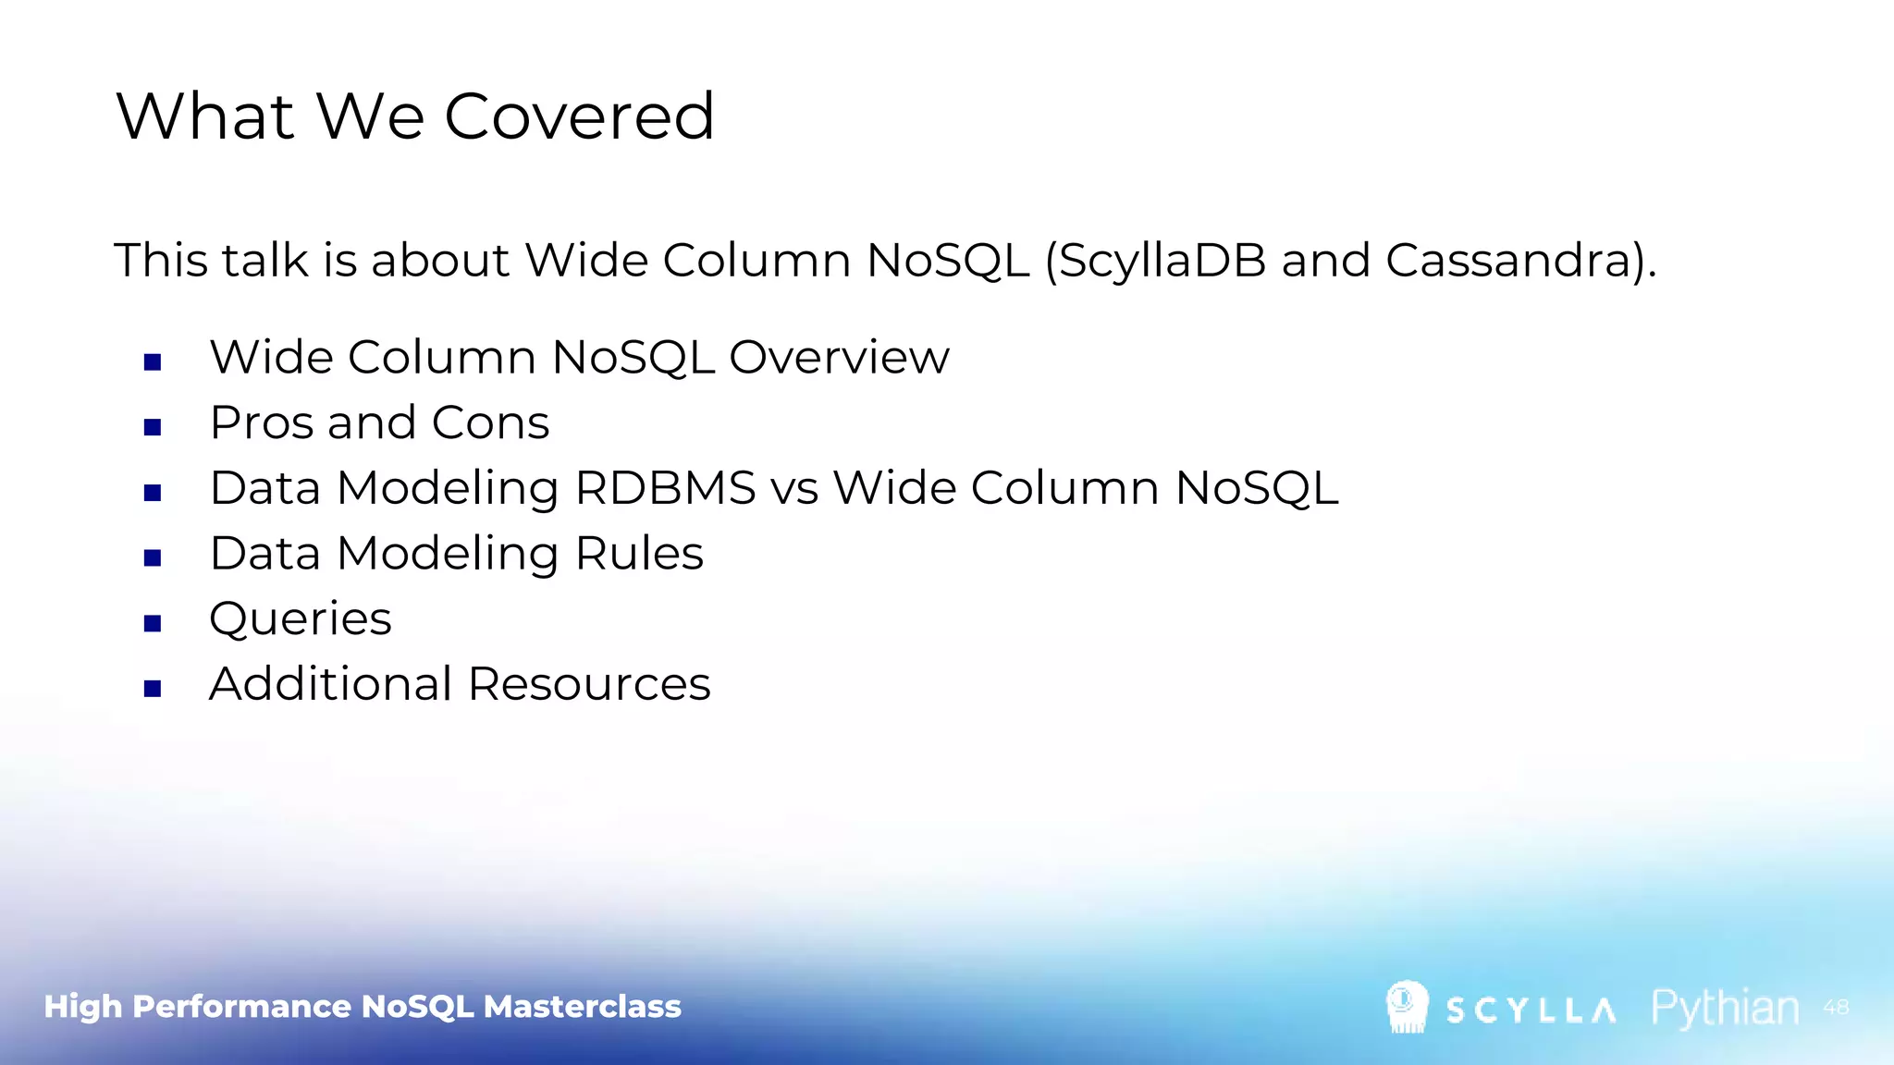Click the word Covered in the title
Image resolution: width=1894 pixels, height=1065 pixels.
click(x=579, y=117)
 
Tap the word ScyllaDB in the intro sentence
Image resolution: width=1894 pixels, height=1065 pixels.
click(x=1162, y=261)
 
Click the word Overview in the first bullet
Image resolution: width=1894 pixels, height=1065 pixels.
click(x=839, y=357)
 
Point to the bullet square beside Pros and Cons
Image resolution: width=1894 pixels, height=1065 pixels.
click(x=153, y=427)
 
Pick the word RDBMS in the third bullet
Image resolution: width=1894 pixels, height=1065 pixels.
click(x=665, y=488)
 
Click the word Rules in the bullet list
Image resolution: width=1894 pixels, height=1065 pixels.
click(x=639, y=554)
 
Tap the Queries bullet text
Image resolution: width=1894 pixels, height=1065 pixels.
click(x=301, y=618)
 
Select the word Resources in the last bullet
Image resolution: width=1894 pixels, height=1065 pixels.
click(x=589, y=684)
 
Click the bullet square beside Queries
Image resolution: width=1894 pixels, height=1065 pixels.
click(x=153, y=623)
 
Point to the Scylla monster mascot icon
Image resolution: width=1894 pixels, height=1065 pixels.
click(x=1407, y=1007)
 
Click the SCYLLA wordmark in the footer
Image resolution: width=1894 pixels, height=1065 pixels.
click(x=1531, y=1010)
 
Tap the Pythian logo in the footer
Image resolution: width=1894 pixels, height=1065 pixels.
click(x=1725, y=1008)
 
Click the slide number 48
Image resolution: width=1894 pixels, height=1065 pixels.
click(x=1836, y=1007)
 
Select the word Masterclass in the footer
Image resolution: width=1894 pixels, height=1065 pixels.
click(x=582, y=1006)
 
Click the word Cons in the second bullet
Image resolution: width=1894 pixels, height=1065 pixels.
click(x=490, y=422)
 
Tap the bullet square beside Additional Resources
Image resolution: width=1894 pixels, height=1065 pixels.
click(x=153, y=689)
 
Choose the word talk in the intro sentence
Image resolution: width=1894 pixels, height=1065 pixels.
click(x=264, y=261)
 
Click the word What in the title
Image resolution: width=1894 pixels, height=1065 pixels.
click(x=205, y=117)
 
